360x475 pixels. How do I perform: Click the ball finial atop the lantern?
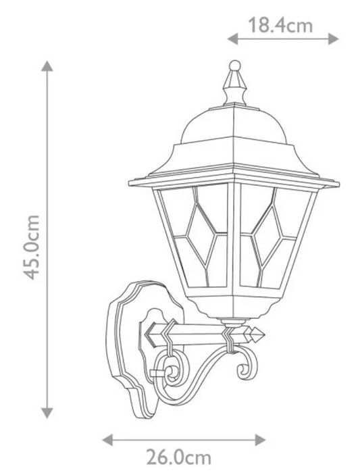click(235, 66)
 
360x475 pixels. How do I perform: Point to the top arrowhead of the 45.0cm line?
click(47, 66)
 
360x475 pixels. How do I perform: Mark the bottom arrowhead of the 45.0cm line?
click(47, 413)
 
